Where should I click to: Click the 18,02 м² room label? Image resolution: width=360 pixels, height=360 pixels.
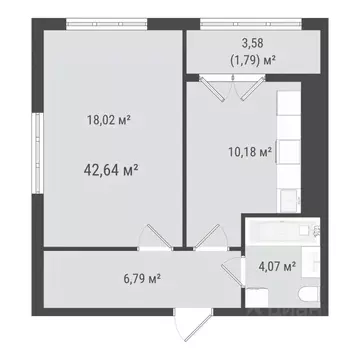pos(110,119)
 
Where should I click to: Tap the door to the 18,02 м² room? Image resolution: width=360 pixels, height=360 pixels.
pos(155,241)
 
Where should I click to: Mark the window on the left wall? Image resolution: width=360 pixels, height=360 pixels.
pos(38,144)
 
